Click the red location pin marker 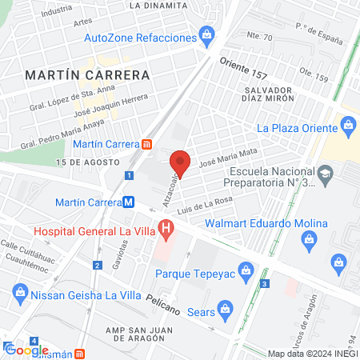[180, 162]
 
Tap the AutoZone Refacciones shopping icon [207, 34]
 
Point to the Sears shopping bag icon [225, 308]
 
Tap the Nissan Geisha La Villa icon [18, 294]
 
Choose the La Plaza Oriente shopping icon [348, 125]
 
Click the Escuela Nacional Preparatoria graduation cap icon [325, 174]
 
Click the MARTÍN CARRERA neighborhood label [88, 74]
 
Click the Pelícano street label [165, 301]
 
